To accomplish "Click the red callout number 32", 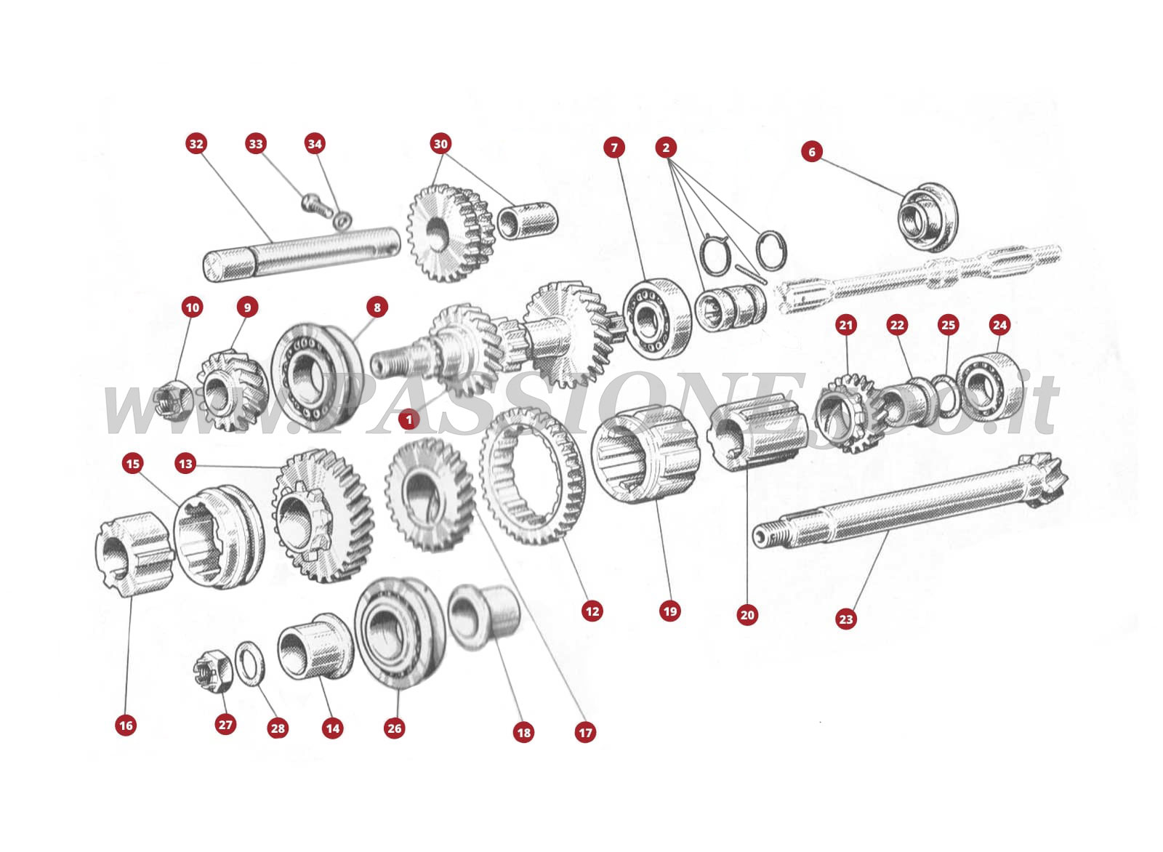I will pos(196,143).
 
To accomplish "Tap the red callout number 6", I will pos(812,151).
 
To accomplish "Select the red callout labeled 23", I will pos(845,619).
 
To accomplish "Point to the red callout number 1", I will pos(409,419).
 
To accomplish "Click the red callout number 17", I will pos(584,732).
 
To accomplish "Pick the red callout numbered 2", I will pos(665,148).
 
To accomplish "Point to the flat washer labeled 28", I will pos(251,663).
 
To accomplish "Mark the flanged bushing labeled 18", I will pos(483,616).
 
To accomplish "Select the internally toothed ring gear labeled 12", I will pos(533,475).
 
